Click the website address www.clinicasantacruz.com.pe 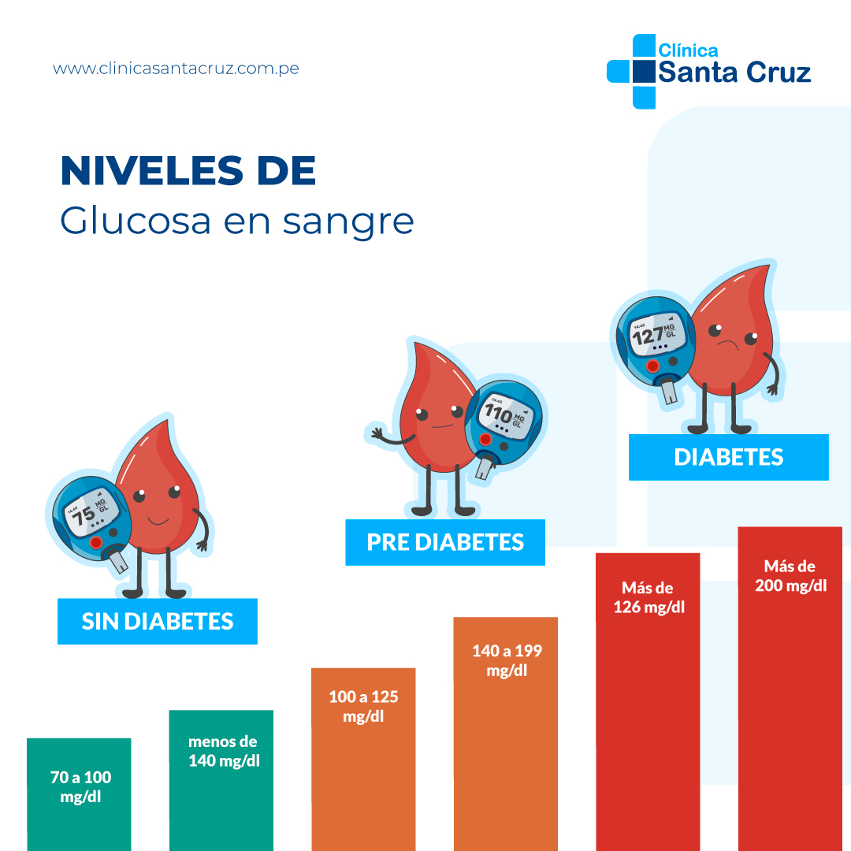[x=176, y=69]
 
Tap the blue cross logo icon [x=632, y=72]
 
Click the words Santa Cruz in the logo [x=734, y=72]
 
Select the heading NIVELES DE [x=188, y=171]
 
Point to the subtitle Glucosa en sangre [x=237, y=221]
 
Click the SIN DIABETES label [x=158, y=622]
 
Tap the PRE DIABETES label [x=445, y=542]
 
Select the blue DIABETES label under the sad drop [x=729, y=457]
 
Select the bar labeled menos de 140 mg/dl [x=221, y=780]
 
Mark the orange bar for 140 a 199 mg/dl [x=506, y=733]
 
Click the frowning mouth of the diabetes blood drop [x=731, y=343]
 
